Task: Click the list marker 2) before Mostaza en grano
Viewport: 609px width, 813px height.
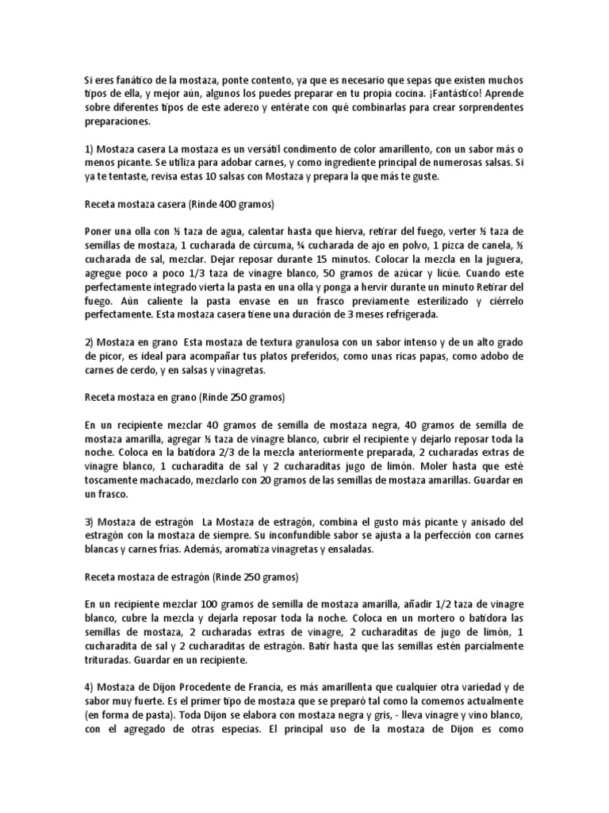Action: pyautogui.click(x=90, y=341)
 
